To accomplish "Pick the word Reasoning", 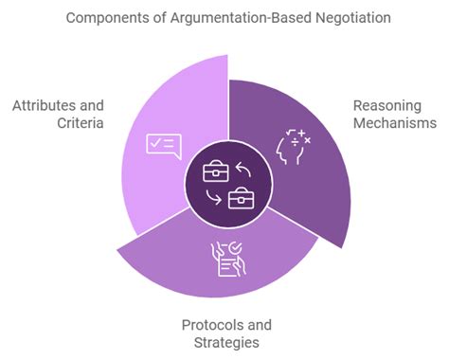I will [386, 105].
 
